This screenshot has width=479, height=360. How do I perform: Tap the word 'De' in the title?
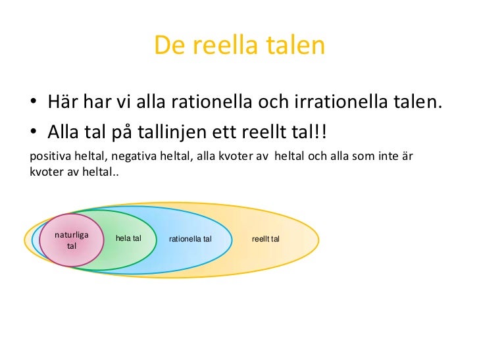coord(168,45)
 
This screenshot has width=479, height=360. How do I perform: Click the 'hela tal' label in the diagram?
coord(128,238)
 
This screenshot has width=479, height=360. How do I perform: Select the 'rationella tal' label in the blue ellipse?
coord(190,238)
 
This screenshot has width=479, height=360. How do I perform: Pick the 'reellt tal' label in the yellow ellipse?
coord(266,238)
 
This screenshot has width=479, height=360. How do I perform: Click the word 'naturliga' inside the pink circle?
coord(72,234)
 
